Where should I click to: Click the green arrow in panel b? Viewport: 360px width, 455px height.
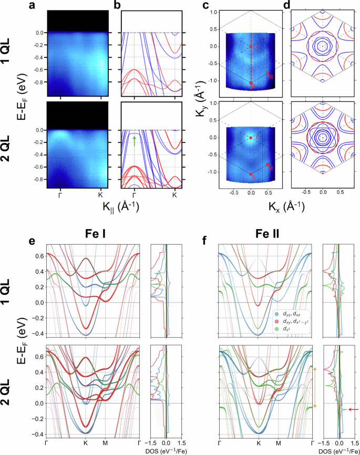tap(135, 140)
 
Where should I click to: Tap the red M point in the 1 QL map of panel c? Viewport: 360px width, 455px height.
tap(268, 74)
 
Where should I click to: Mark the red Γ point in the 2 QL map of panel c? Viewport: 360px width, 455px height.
tap(251, 138)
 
